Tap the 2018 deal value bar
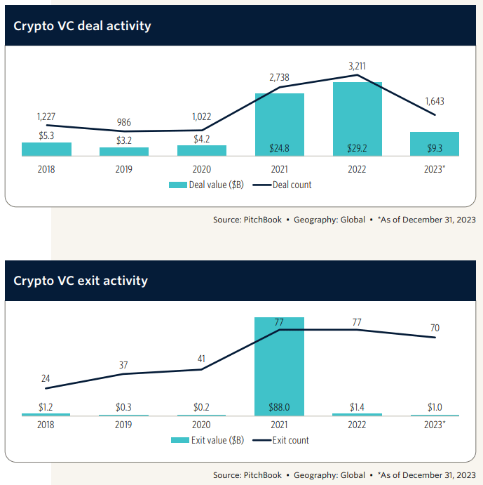46,150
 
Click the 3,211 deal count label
357,67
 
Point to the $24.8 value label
280,148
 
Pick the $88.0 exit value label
280,408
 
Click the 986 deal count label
124,123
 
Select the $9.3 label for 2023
435,148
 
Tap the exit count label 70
435,328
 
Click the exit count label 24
46,379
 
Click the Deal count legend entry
283,185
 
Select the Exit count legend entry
282,440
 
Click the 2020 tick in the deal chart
202,169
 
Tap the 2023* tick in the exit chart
435,425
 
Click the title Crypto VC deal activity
83,26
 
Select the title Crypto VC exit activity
81,281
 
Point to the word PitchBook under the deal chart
263,220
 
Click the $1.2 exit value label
46,408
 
